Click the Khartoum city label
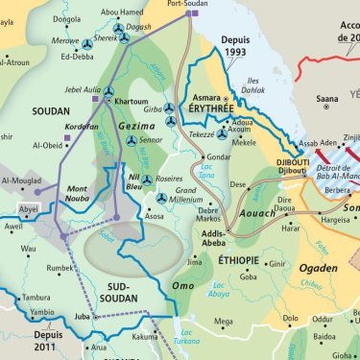tap(132, 101)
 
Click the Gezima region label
tap(135, 125)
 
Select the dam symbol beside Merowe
tap(87, 44)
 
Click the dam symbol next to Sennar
tap(131, 140)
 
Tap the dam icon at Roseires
tap(147, 180)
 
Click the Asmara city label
tap(207, 98)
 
